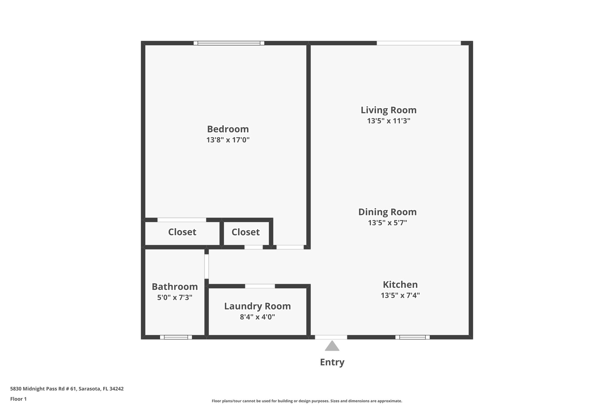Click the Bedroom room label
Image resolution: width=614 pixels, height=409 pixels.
(x=228, y=129)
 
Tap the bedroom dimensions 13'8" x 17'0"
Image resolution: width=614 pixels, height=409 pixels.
(x=228, y=140)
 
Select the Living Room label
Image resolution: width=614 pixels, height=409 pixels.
(x=389, y=110)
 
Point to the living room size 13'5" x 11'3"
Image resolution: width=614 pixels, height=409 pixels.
(x=389, y=121)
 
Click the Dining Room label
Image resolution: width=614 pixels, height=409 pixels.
(x=387, y=212)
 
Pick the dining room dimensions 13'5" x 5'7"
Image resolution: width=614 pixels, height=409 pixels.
(x=387, y=223)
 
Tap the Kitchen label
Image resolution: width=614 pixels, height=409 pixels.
(x=400, y=284)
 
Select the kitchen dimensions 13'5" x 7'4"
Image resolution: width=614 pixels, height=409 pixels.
(x=400, y=295)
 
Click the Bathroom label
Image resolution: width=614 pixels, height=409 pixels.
(x=175, y=287)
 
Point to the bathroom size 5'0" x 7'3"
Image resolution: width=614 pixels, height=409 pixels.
(x=175, y=298)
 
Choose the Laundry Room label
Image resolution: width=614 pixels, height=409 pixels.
(x=258, y=306)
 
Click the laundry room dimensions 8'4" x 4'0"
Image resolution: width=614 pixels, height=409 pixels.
(x=258, y=317)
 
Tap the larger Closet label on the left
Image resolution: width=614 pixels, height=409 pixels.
(x=182, y=232)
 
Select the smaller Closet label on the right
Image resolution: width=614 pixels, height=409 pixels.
(x=246, y=232)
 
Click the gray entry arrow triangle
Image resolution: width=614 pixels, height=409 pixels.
(x=332, y=346)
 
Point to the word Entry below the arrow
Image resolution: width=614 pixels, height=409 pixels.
(x=332, y=362)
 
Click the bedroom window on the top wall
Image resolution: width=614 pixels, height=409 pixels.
(x=229, y=43)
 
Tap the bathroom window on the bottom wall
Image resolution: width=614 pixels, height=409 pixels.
(x=176, y=337)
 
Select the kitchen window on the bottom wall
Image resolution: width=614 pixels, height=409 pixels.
(x=412, y=337)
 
